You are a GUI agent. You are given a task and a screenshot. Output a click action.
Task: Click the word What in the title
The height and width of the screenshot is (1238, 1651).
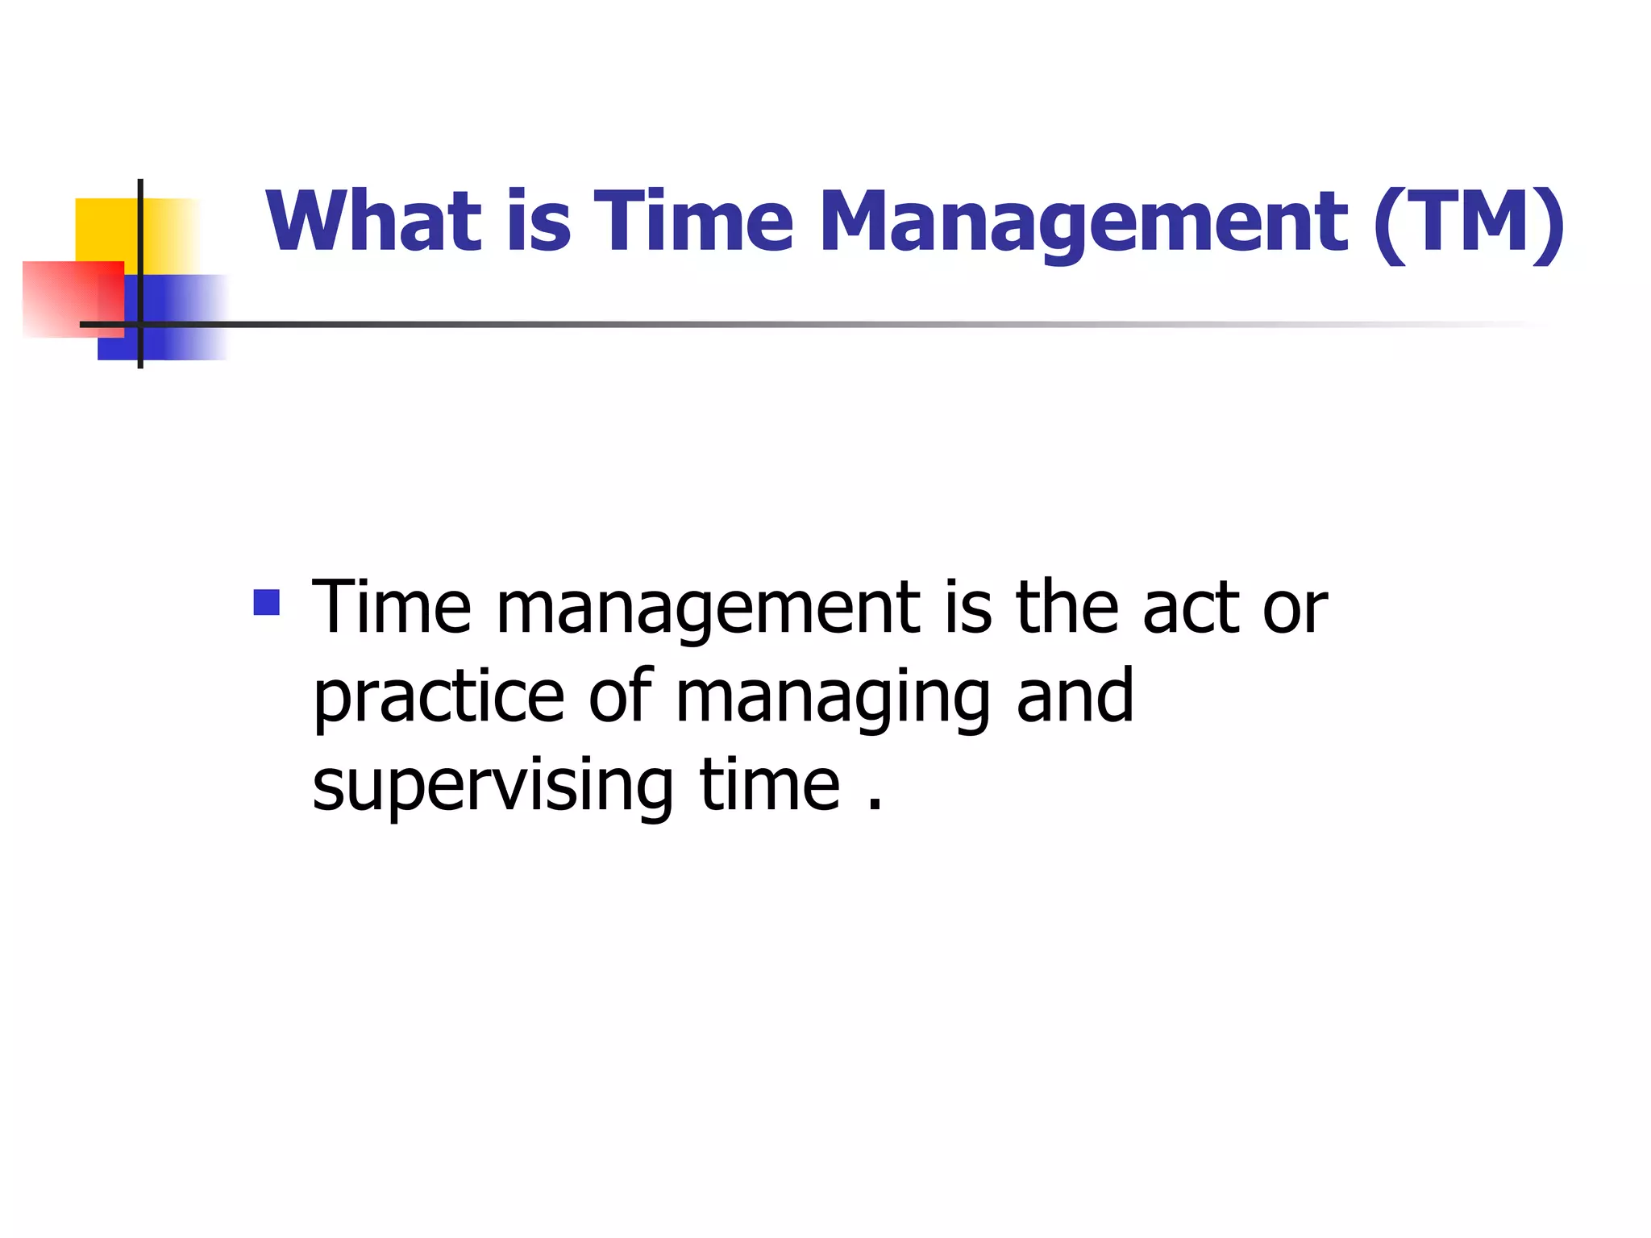373,221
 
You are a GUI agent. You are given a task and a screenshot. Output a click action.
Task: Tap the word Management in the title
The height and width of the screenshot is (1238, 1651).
1083,222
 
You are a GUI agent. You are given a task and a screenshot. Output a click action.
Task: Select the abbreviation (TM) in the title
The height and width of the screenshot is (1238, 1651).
1469,222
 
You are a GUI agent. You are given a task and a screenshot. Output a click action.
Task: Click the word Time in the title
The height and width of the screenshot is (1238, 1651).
693,221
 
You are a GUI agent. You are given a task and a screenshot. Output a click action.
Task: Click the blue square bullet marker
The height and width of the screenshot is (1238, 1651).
266,602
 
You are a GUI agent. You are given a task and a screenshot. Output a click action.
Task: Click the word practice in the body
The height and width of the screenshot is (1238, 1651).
439,697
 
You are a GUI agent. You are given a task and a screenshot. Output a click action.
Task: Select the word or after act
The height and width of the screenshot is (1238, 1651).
1295,609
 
